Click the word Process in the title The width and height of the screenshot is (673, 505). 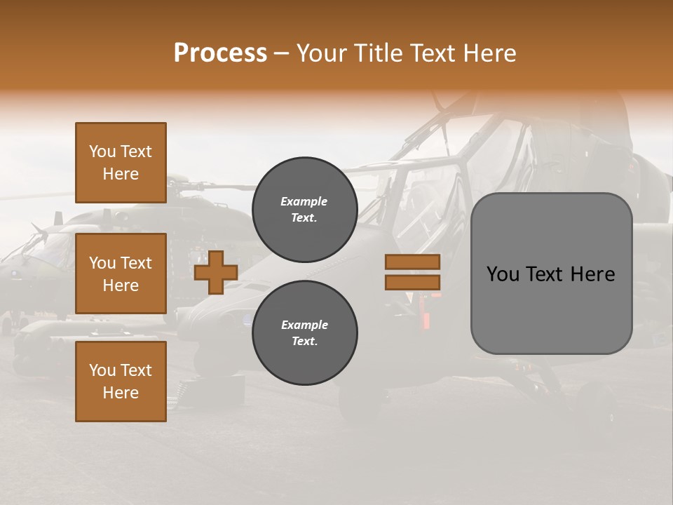point(220,53)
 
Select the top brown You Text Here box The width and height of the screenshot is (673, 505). point(121,163)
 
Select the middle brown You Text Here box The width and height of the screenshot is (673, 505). point(121,274)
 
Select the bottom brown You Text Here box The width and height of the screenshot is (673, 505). point(121,382)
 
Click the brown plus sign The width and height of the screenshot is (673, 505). point(216,273)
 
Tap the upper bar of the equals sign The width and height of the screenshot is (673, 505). point(413,262)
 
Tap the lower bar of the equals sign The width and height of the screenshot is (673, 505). point(413,282)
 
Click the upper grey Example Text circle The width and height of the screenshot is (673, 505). point(304,210)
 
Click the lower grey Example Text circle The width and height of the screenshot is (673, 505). point(304,332)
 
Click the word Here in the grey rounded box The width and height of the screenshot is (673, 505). point(592,274)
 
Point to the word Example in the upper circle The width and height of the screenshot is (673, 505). point(304,201)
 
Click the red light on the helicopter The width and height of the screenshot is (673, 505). point(426,319)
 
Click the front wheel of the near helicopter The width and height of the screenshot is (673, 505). point(361,403)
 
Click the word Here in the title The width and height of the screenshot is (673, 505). point(489,53)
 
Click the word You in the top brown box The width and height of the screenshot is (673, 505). point(102,151)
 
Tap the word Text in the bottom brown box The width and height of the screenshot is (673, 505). point(135,370)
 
